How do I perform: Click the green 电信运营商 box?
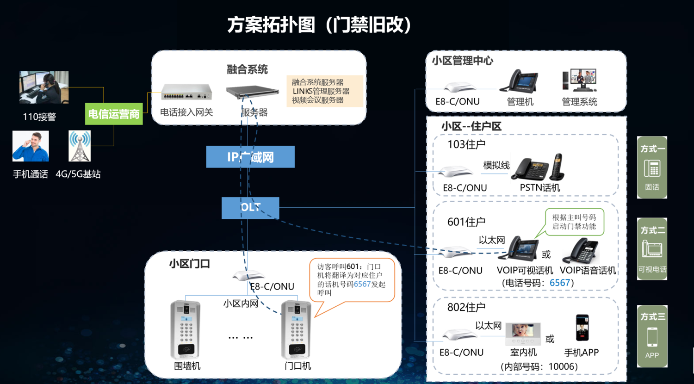(114, 114)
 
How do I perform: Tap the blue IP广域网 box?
(250, 157)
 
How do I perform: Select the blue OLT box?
(250, 208)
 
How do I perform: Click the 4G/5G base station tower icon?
(80, 146)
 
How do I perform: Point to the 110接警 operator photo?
(44, 87)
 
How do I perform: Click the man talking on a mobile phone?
(31, 146)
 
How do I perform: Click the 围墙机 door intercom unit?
(186, 329)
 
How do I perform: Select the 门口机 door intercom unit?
(297, 329)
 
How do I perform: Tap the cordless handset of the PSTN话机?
(557, 167)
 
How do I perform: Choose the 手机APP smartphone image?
(582, 328)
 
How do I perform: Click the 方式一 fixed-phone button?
(652, 167)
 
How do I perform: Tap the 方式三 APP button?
(652, 336)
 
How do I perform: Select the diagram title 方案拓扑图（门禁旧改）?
(319, 25)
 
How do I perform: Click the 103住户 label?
(466, 144)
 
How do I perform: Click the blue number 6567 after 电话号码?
(560, 283)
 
